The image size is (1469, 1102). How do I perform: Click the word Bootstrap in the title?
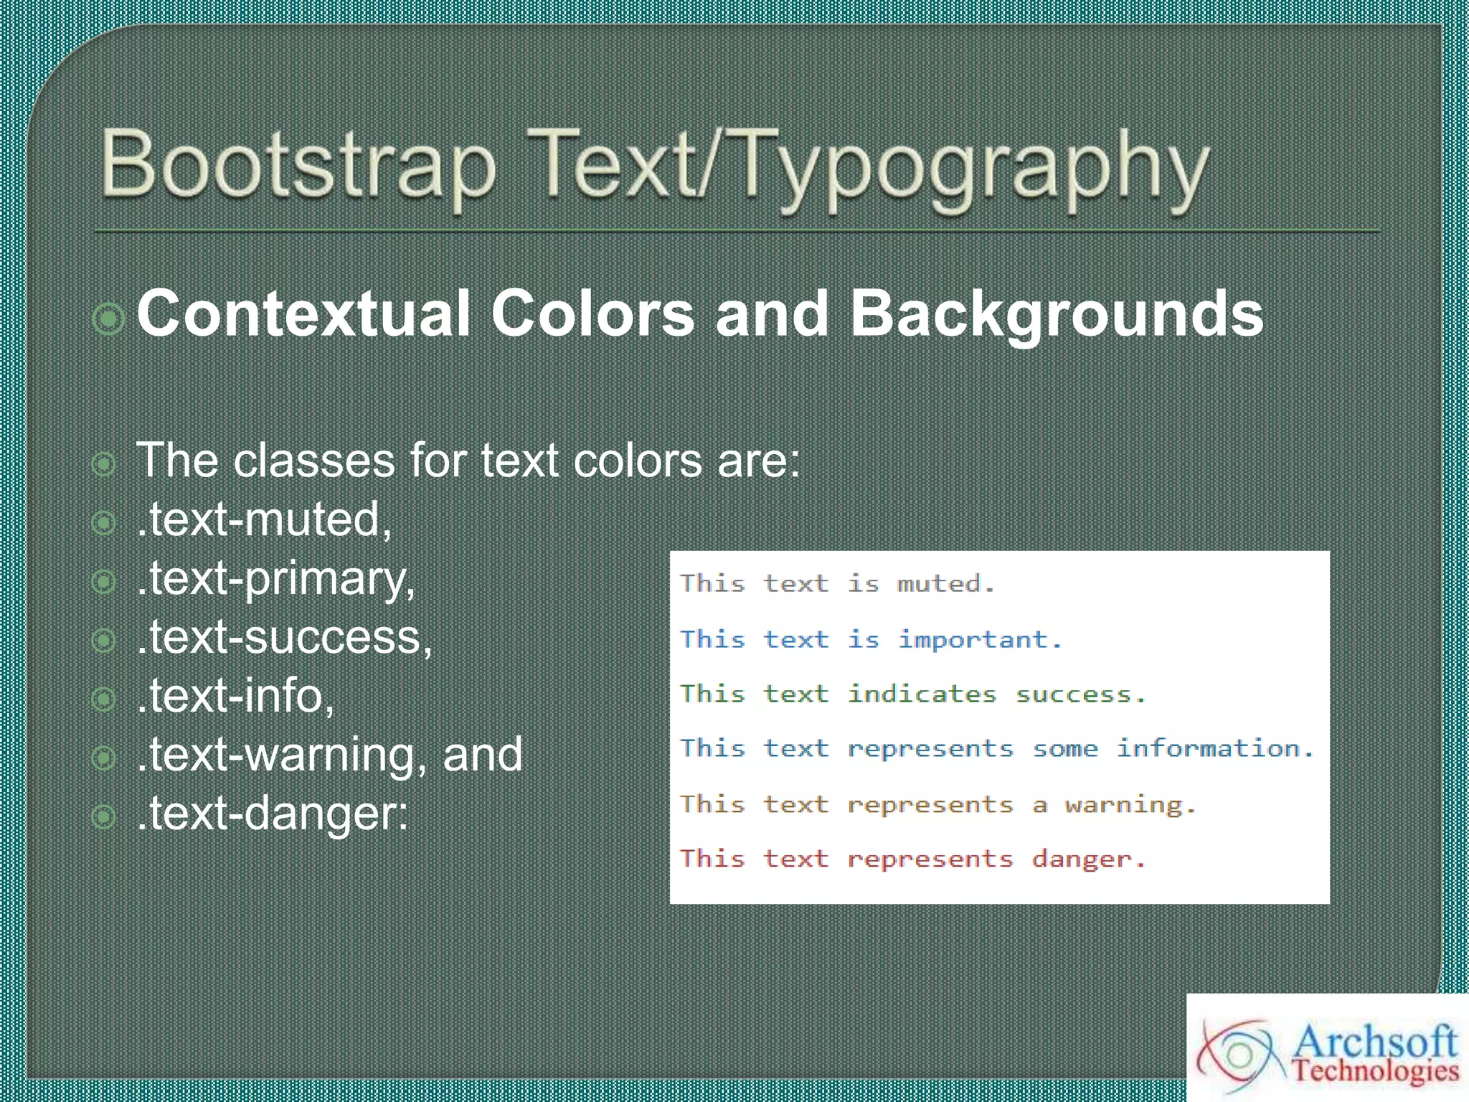coord(298,165)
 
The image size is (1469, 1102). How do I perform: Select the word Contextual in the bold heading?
coord(303,314)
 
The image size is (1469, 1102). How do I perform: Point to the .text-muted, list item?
coord(264,519)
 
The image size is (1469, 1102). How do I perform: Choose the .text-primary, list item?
coord(275,579)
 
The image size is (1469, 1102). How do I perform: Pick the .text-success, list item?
coord(284,638)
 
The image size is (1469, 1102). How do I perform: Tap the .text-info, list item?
coord(235,697)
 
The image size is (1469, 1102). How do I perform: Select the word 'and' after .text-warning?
coord(483,755)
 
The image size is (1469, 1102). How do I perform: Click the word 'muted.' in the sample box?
coord(945,584)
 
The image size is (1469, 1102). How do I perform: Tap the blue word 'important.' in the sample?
coord(980,639)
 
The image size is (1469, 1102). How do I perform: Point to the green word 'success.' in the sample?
coord(1080,694)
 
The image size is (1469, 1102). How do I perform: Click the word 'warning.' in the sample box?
coord(1130,805)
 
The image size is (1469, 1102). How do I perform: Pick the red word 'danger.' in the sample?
coord(1089,860)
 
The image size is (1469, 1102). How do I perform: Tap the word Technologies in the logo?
coord(1376,1071)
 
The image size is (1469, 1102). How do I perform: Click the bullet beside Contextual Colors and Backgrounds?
coord(109,318)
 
